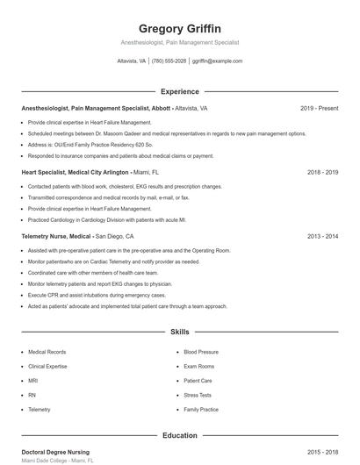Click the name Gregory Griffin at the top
179,28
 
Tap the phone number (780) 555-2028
169,61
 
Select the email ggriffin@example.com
217,61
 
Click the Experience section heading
179,91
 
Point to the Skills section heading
179,333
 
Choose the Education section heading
179,435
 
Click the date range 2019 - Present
319,108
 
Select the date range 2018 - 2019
322,172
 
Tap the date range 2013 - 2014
322,236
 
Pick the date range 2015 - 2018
322,452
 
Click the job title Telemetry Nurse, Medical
56,236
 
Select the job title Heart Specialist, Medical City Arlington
75,172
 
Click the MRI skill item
33,381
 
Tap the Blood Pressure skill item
201,352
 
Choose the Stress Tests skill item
198,395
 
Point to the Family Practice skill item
201,410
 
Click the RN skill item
32,395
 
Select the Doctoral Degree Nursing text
55,452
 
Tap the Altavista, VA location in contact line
132,61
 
